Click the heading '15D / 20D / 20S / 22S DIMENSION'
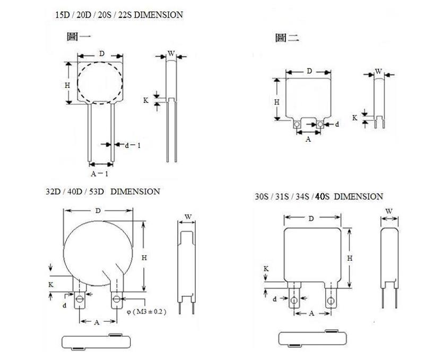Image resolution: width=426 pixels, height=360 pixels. [x=119, y=15]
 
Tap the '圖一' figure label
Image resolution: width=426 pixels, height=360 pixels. [x=79, y=37]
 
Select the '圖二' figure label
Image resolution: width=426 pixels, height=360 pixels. [x=287, y=38]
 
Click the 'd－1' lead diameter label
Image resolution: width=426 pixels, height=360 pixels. [x=133, y=145]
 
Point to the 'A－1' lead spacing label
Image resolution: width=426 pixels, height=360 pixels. [x=99, y=174]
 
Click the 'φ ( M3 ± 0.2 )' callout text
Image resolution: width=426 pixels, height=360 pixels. [x=146, y=312]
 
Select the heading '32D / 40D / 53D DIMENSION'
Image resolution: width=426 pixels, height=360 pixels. [x=103, y=192]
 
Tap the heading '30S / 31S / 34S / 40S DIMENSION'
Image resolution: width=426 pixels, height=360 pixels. [x=319, y=197]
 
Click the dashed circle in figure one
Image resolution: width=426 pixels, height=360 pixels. [x=100, y=62]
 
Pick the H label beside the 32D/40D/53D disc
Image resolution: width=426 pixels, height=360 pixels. [x=144, y=258]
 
